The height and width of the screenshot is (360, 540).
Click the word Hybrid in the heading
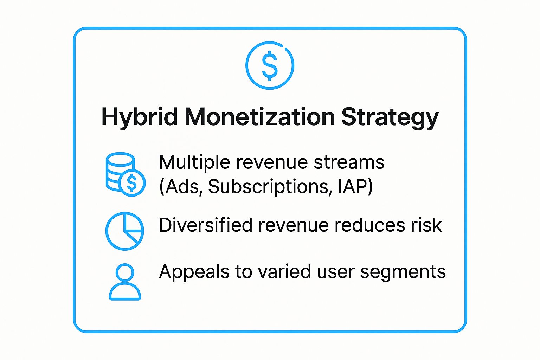140,117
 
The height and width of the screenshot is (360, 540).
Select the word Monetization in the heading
260,117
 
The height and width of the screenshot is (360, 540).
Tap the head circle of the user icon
125,264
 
